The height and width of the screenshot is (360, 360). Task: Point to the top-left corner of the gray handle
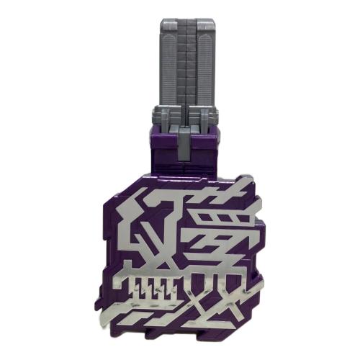pos(153,22)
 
